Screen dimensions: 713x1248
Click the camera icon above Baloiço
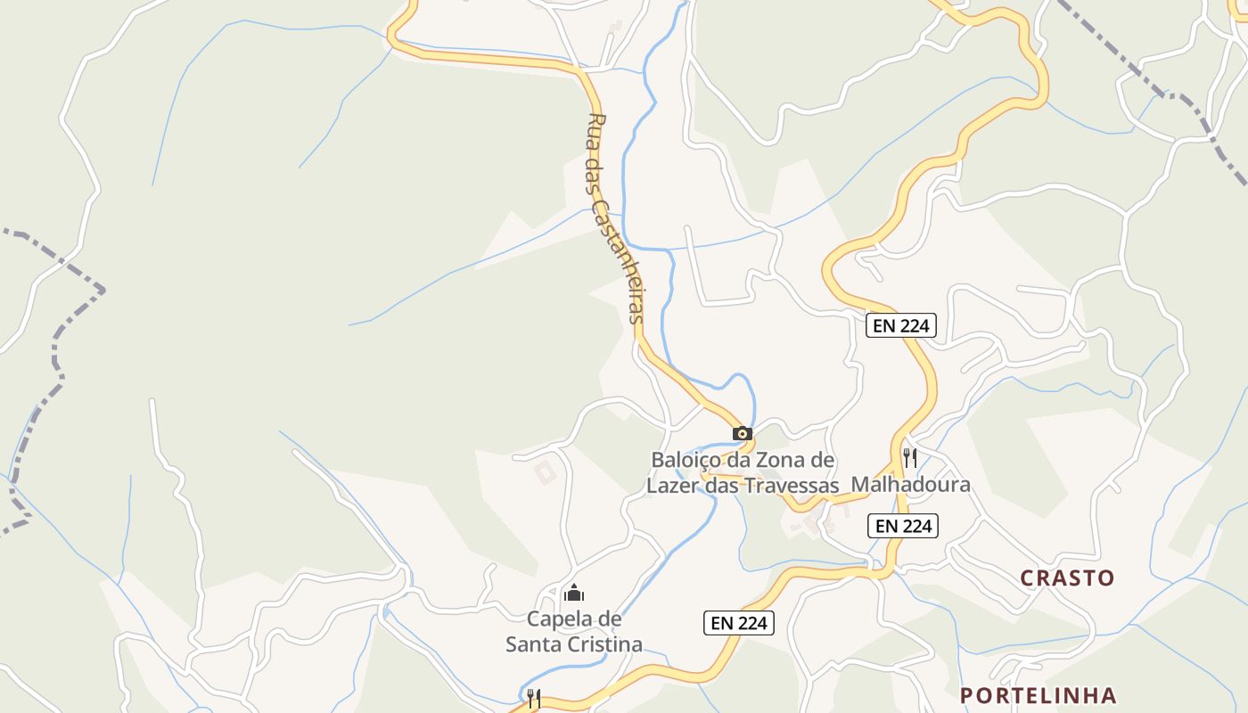[742, 434]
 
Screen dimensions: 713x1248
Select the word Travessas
[795, 486]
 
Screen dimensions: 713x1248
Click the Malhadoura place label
[910, 485]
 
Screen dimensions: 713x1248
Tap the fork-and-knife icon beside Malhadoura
[910, 458]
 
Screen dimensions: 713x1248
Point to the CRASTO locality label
[1067, 578]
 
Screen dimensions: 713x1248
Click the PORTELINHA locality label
[1038, 695]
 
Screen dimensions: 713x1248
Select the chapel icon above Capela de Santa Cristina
[575, 593]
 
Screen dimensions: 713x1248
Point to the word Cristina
[606, 644]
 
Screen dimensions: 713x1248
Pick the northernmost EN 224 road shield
[900, 326]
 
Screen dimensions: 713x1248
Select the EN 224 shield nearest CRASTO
[903, 527]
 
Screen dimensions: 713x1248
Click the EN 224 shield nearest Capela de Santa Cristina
[739, 624]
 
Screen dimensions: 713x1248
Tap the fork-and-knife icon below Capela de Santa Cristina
[533, 698]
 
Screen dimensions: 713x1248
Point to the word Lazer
[673, 486]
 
